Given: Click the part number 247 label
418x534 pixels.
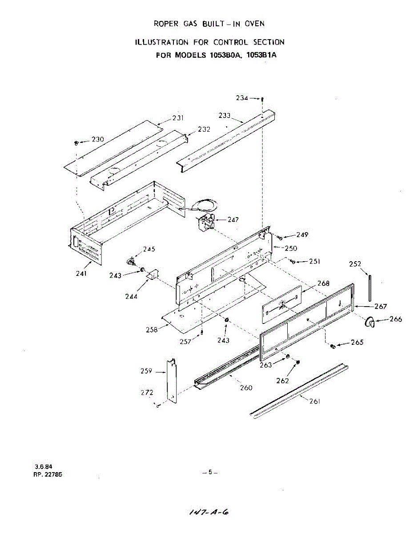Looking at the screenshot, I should [233, 219].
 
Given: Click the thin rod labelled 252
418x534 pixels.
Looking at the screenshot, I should [369, 289].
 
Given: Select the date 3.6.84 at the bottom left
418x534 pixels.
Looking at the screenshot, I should [43, 467].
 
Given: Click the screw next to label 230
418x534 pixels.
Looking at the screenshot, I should [76, 143].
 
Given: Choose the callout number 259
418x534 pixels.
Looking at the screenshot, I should [147, 371].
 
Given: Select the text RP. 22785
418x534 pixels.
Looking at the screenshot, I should [48, 474].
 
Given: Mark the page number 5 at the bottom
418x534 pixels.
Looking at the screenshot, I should [210, 472].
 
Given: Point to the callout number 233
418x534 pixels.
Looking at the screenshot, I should [225, 115].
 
